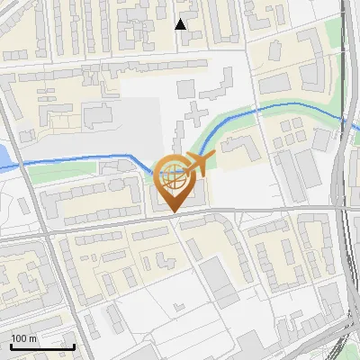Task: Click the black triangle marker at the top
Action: [181, 24]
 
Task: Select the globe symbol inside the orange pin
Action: [174, 175]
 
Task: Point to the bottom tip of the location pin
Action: [174, 213]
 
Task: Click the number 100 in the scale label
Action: [19, 338]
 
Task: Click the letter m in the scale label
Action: [32, 338]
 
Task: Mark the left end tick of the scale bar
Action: [11, 346]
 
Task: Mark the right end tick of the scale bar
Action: [75, 346]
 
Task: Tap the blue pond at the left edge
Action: [4, 157]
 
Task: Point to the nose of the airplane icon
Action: [215, 159]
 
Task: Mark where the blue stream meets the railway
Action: [343, 118]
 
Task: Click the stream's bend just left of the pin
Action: [138, 160]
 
